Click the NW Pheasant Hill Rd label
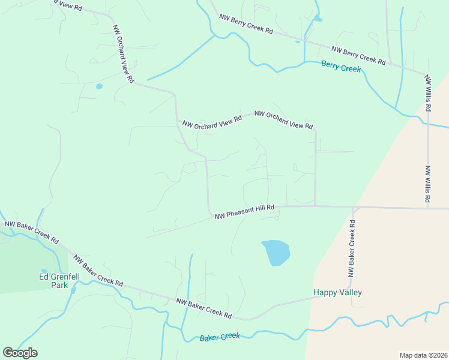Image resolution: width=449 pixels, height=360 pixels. point(244,211)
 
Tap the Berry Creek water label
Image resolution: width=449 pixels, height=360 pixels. point(341,67)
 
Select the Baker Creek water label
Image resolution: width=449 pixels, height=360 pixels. point(220,337)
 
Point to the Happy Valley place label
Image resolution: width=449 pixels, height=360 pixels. point(337,293)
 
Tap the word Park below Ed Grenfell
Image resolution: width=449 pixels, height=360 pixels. point(59,286)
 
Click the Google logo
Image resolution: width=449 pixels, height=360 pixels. point(20,353)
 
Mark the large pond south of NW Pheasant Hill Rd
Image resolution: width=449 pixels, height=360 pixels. point(276,252)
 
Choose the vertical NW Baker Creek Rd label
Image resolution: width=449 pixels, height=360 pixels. point(352,248)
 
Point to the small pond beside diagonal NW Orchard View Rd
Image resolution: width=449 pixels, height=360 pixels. point(99,86)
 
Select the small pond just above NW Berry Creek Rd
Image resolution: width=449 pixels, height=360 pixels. point(318,19)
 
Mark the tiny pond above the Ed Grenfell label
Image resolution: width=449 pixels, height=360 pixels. point(44,271)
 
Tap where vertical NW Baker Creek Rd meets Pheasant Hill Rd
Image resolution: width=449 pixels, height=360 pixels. point(354,208)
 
